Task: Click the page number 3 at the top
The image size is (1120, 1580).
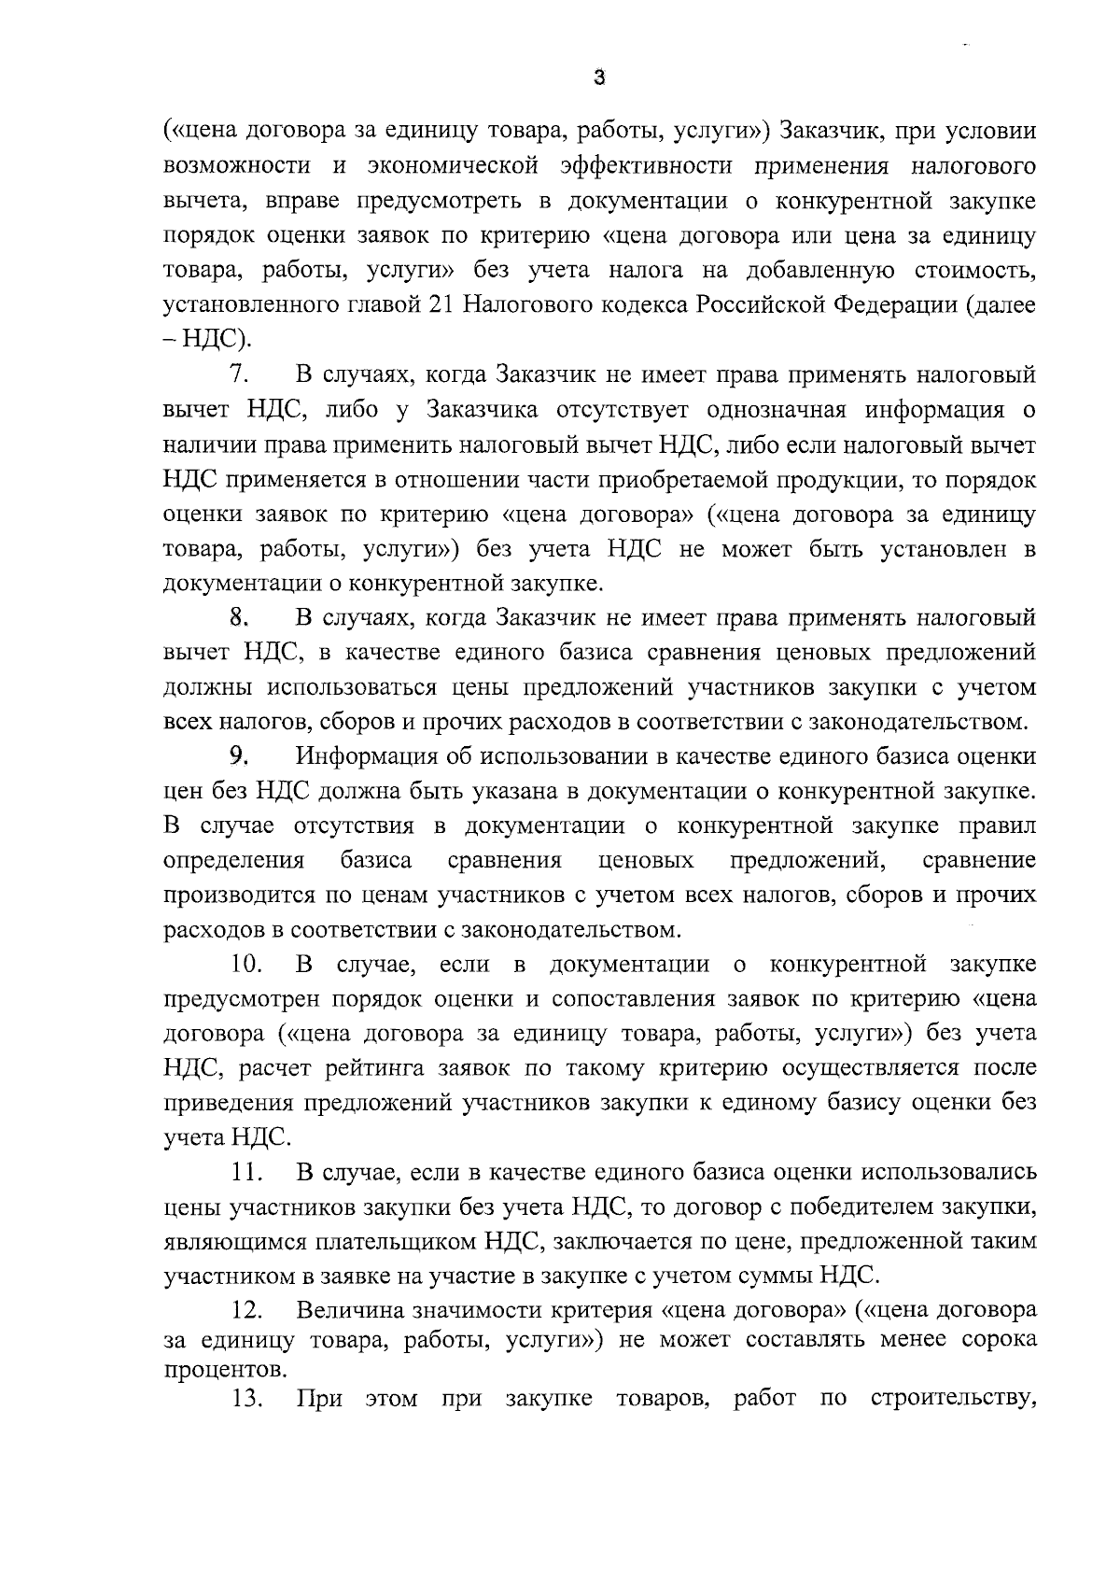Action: pos(599,79)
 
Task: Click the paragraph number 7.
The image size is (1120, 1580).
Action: pos(238,375)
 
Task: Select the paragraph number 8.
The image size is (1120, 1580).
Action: pos(238,617)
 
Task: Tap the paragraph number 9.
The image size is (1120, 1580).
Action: pos(238,755)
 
